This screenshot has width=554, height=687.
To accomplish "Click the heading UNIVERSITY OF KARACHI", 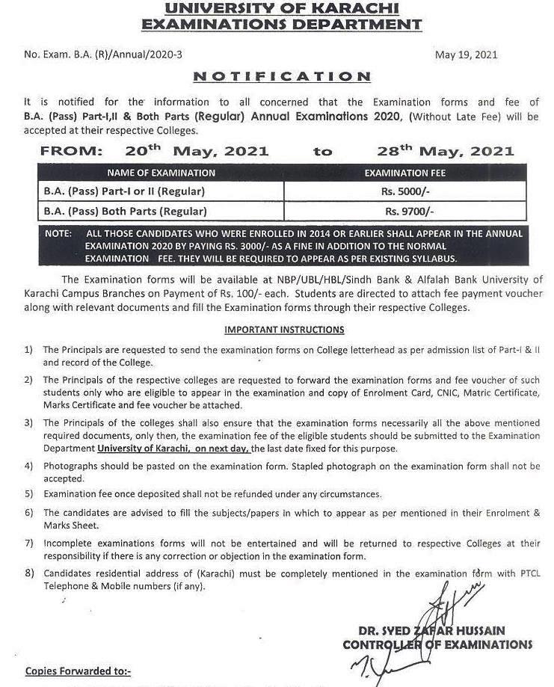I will [x=282, y=9].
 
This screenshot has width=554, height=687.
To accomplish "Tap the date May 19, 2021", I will [x=466, y=55].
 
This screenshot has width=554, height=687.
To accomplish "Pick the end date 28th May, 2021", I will [x=446, y=150].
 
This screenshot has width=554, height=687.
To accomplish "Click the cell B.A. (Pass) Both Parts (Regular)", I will [x=126, y=212].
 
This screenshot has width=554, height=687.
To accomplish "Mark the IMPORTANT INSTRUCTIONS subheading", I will [x=284, y=330].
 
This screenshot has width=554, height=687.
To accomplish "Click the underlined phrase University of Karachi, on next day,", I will [x=173, y=449].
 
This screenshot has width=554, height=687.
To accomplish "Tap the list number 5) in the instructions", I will [x=28, y=494].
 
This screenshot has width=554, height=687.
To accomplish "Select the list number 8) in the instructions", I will [x=28, y=573].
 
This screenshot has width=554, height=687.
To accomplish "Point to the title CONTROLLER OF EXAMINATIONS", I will [x=437, y=644].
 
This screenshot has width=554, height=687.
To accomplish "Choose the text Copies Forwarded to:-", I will [x=78, y=671].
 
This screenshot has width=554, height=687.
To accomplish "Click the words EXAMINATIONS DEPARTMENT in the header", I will [x=282, y=25].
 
